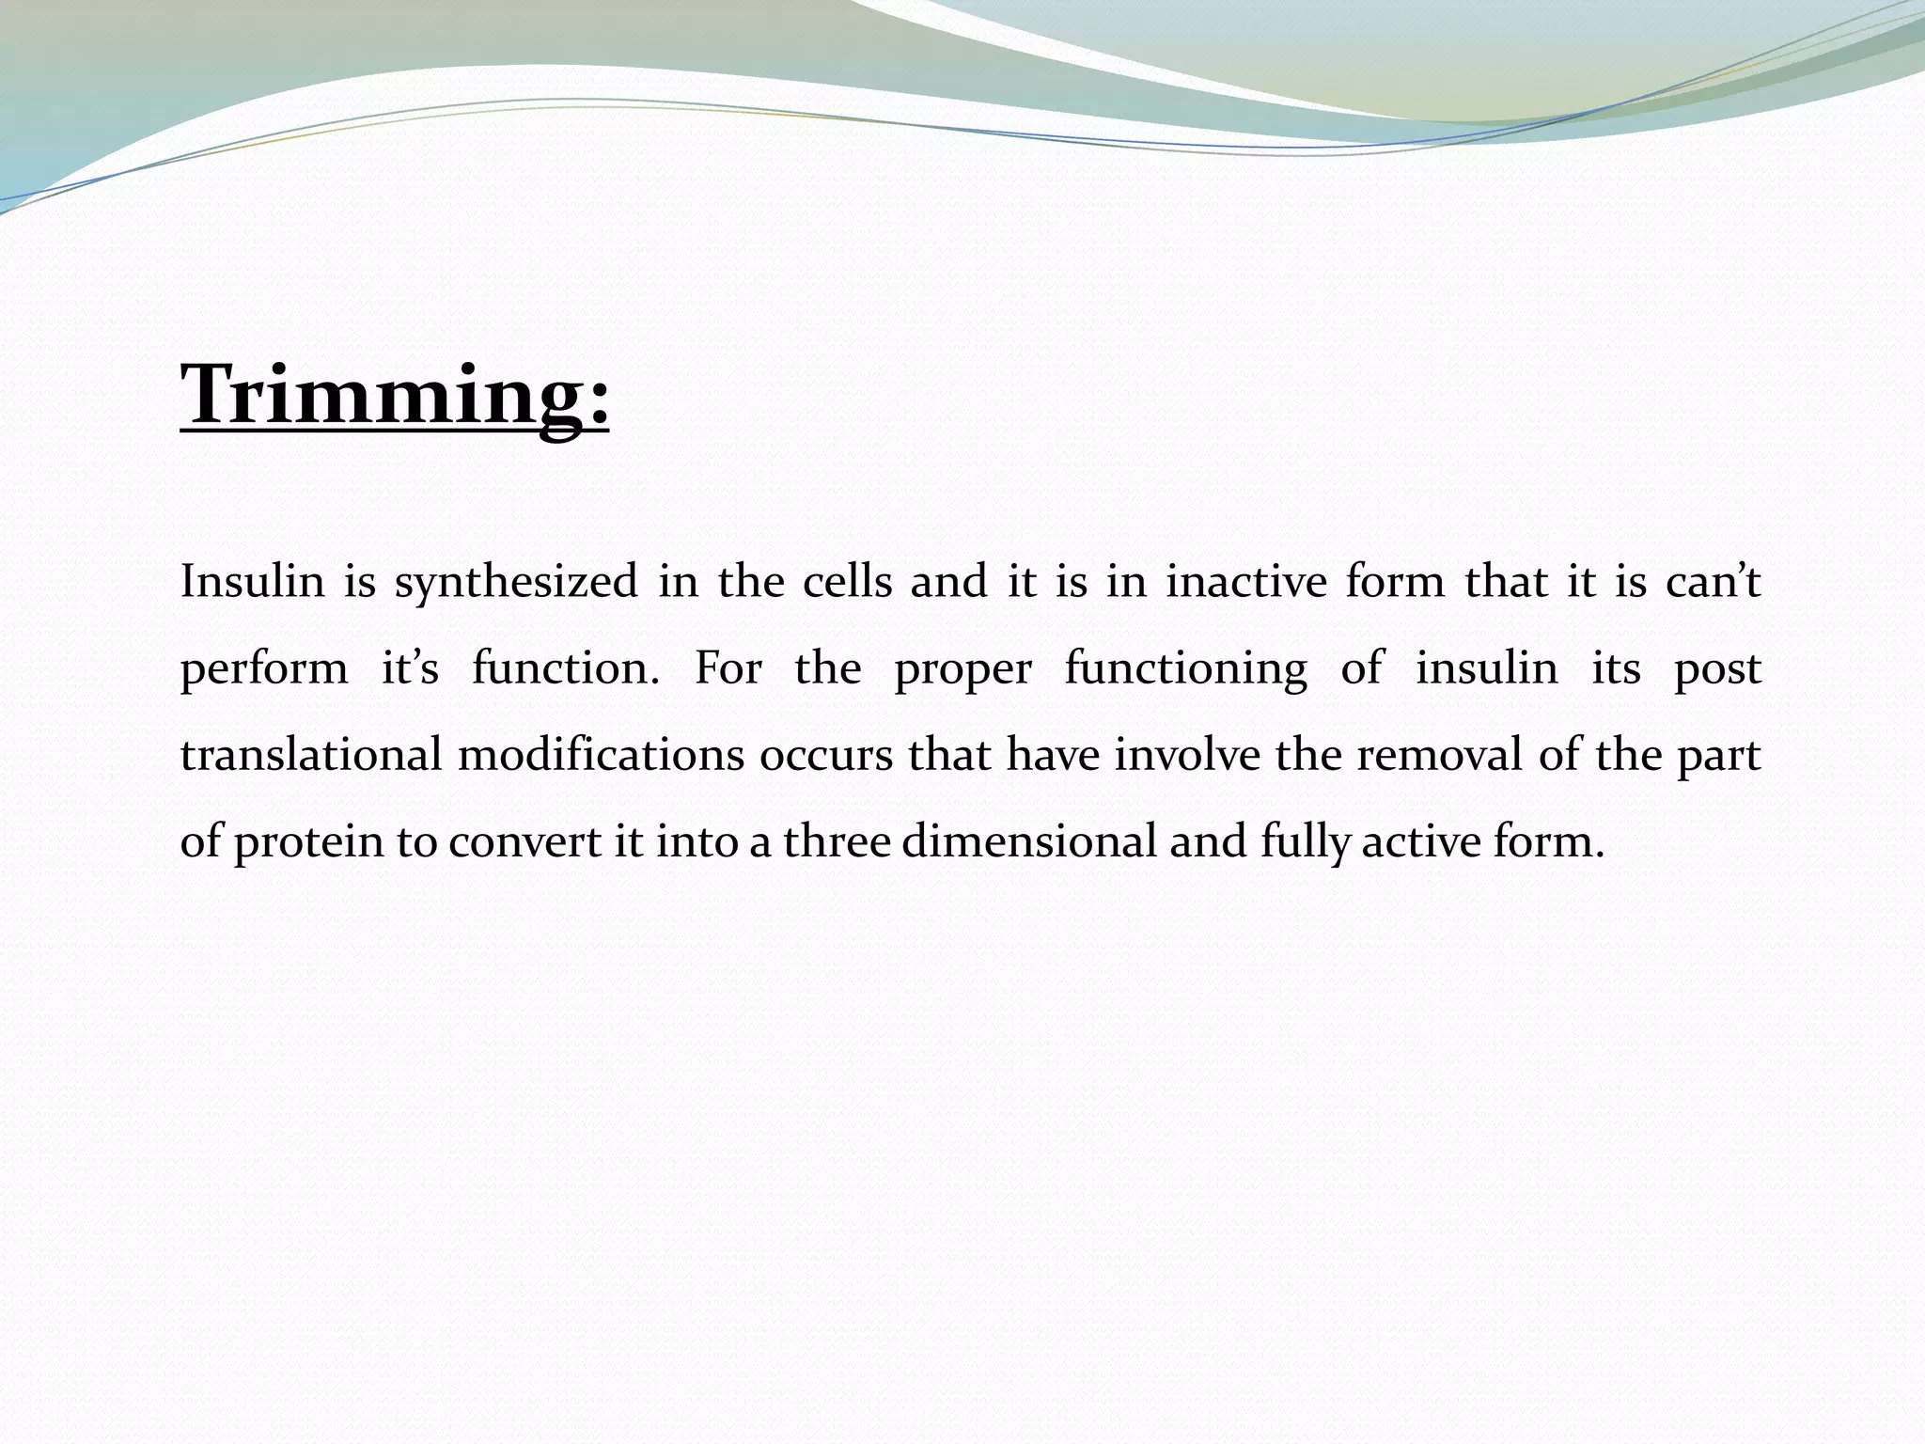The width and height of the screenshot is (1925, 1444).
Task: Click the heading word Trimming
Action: pos(395,395)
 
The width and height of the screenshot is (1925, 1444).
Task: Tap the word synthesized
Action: pos(516,581)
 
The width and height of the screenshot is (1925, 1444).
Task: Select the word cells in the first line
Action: pos(847,581)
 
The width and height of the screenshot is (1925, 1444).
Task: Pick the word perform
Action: pos(263,669)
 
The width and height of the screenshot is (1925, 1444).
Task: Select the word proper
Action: pos(962,669)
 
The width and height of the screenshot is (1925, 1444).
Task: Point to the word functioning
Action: pos(1185,669)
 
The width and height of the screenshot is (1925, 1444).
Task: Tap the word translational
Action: pos(311,755)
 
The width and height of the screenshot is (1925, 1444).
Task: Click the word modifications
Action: pos(601,755)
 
